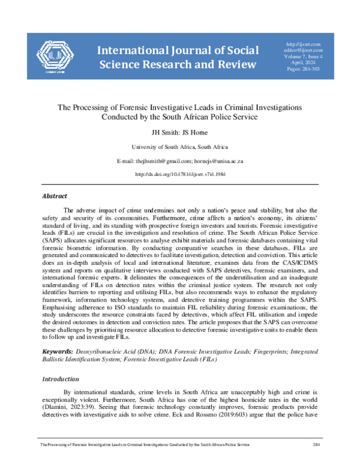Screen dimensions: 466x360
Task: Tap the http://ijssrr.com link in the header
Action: pos(304,44)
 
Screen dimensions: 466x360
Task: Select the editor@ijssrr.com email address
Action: pos(304,50)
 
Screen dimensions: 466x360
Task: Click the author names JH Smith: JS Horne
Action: pos(179,132)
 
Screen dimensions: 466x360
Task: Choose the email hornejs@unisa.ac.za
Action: pos(218,162)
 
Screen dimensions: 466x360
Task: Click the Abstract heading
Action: pos(54,196)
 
